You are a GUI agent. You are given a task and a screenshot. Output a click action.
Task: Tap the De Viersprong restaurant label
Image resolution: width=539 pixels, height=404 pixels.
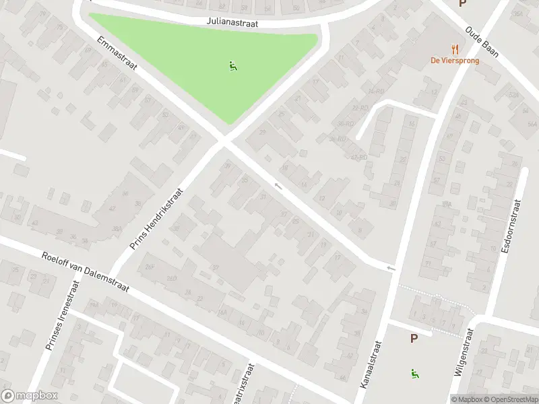pyautogui.click(x=455, y=59)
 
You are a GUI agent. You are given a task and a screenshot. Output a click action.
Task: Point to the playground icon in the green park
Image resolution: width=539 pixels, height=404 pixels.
pyautogui.click(x=232, y=66)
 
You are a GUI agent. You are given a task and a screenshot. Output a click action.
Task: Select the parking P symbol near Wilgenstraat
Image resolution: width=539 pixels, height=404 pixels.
pyautogui.click(x=413, y=338)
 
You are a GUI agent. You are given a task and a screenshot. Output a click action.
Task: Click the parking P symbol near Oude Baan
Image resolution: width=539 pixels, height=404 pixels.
pyautogui.click(x=462, y=3)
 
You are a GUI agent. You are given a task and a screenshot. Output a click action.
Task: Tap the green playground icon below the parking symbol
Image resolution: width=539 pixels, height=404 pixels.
pyautogui.click(x=413, y=373)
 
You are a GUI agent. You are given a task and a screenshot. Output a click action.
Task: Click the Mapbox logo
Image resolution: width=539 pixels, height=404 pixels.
pyautogui.click(x=30, y=396)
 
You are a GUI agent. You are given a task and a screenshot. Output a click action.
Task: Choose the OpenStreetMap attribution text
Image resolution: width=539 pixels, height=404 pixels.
pyautogui.click(x=508, y=399)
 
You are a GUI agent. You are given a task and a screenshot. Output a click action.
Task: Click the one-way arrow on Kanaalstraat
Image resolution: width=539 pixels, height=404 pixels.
pyautogui.click(x=390, y=269)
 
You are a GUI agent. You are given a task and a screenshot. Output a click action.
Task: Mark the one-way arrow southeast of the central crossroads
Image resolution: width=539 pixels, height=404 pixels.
pyautogui.click(x=276, y=184)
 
